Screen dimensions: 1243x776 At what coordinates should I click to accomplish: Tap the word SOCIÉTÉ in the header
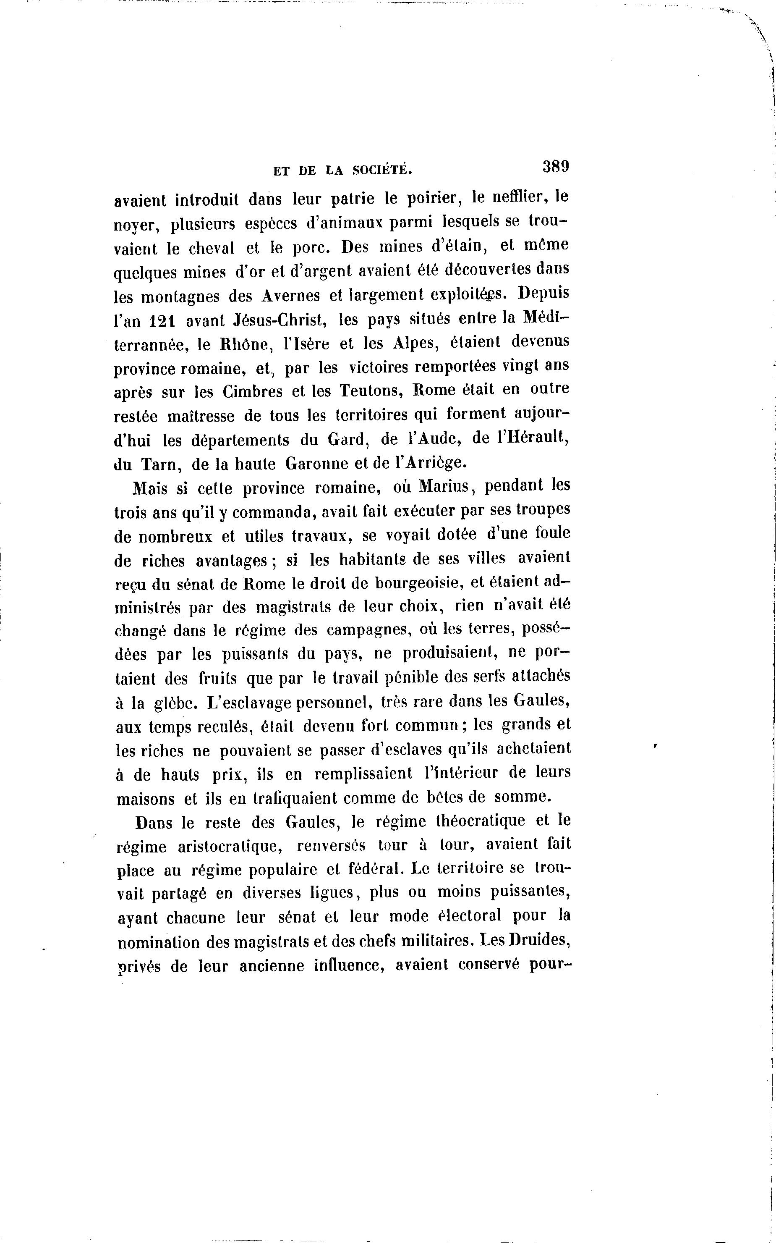(x=382, y=170)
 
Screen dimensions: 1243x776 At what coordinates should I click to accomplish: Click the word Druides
(x=541, y=941)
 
